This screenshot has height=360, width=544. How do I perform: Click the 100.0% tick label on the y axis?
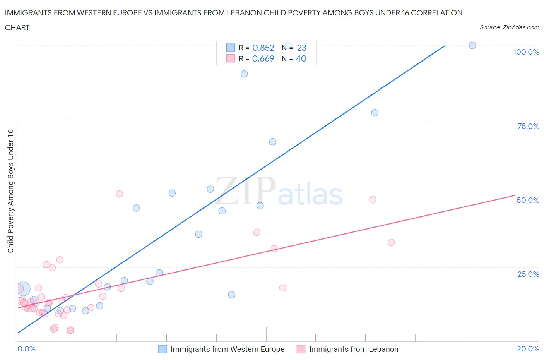[x=526, y=52]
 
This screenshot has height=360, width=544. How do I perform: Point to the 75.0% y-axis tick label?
[x=528, y=126]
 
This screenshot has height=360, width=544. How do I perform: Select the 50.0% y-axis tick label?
[x=528, y=200]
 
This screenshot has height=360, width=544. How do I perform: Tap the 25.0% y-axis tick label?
[x=528, y=274]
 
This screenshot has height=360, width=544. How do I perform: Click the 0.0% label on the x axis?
[x=26, y=349]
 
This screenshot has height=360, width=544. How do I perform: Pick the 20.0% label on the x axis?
[x=528, y=349]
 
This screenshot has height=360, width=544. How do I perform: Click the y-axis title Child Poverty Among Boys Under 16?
[x=11, y=191]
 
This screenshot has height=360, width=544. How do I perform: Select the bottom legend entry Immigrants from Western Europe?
[x=227, y=349]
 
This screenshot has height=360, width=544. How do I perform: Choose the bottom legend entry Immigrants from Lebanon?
[x=353, y=349]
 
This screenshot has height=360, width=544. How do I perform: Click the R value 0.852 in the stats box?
[x=263, y=48]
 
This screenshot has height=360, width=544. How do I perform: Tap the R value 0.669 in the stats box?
[x=263, y=58]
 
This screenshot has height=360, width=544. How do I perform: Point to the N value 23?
[x=301, y=48]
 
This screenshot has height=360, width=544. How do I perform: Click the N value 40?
[x=301, y=58]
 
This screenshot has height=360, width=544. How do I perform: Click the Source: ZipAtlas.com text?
[x=509, y=27]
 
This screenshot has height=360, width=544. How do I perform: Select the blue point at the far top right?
[x=472, y=45]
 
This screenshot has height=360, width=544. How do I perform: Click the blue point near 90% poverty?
[x=244, y=74]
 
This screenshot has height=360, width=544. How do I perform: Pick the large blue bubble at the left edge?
[x=23, y=288]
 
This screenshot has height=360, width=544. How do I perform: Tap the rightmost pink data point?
[x=391, y=242]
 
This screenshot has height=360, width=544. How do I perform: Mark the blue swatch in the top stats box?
[x=231, y=48]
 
